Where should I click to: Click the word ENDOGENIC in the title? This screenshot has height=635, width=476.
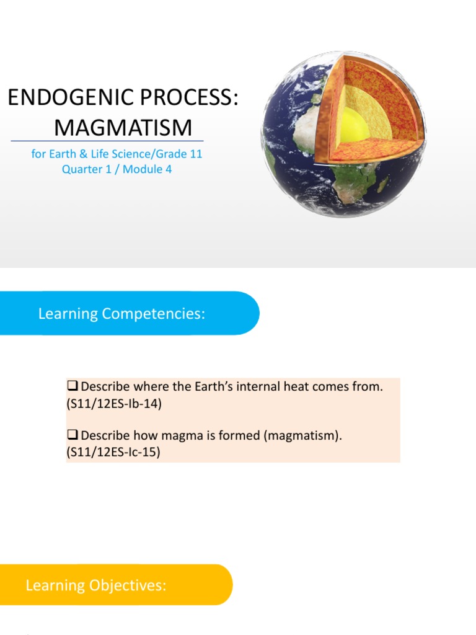pos(71,97)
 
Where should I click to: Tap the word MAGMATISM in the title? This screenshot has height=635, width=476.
pos(123,128)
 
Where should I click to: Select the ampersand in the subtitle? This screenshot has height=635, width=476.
pos(84,154)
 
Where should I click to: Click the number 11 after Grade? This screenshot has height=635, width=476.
pos(196,154)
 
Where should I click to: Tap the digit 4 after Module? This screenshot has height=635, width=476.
pos(169,169)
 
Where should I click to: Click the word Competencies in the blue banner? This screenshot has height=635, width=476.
pos(154,314)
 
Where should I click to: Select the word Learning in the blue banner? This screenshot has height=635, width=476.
pos(68,314)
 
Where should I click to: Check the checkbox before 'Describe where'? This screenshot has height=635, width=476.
pos(73,386)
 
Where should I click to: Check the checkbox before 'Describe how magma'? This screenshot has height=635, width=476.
pos(73,435)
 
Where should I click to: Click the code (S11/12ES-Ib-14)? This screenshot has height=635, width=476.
pos(114,404)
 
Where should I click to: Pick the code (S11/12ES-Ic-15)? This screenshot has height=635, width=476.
pos(113,452)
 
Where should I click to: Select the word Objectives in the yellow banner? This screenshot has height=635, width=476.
pos(128,585)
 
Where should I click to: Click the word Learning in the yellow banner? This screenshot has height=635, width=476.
pos(55,585)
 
